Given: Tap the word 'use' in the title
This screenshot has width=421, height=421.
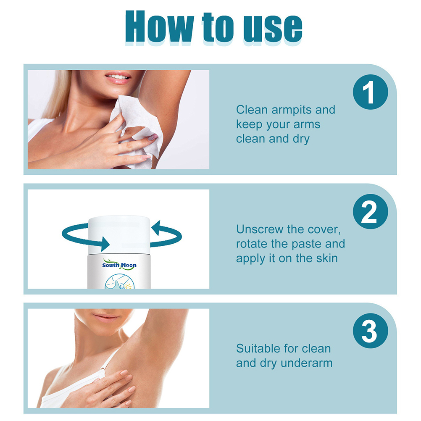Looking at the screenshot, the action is point(273,29).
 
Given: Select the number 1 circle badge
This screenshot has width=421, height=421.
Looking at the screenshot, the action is point(370,92).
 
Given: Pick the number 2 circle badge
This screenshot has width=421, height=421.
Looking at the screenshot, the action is point(370,212).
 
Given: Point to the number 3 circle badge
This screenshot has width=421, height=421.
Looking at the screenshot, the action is point(370,331).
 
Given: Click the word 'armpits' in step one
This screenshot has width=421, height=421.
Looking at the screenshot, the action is point(292,110).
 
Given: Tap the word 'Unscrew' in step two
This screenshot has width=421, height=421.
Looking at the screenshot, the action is point(260,229).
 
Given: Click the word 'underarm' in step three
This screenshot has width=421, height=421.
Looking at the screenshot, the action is point(307,363).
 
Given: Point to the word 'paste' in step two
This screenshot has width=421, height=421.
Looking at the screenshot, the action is point(307,245).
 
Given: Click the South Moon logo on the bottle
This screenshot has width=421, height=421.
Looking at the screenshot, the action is point(119,264).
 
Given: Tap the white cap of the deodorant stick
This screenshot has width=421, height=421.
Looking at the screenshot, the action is point(119,235).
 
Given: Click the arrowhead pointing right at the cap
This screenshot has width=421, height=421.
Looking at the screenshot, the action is point(105,244).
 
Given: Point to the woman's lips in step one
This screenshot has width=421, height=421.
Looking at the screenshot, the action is point(118,77).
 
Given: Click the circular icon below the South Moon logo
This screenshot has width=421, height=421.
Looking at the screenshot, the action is point(119,282).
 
